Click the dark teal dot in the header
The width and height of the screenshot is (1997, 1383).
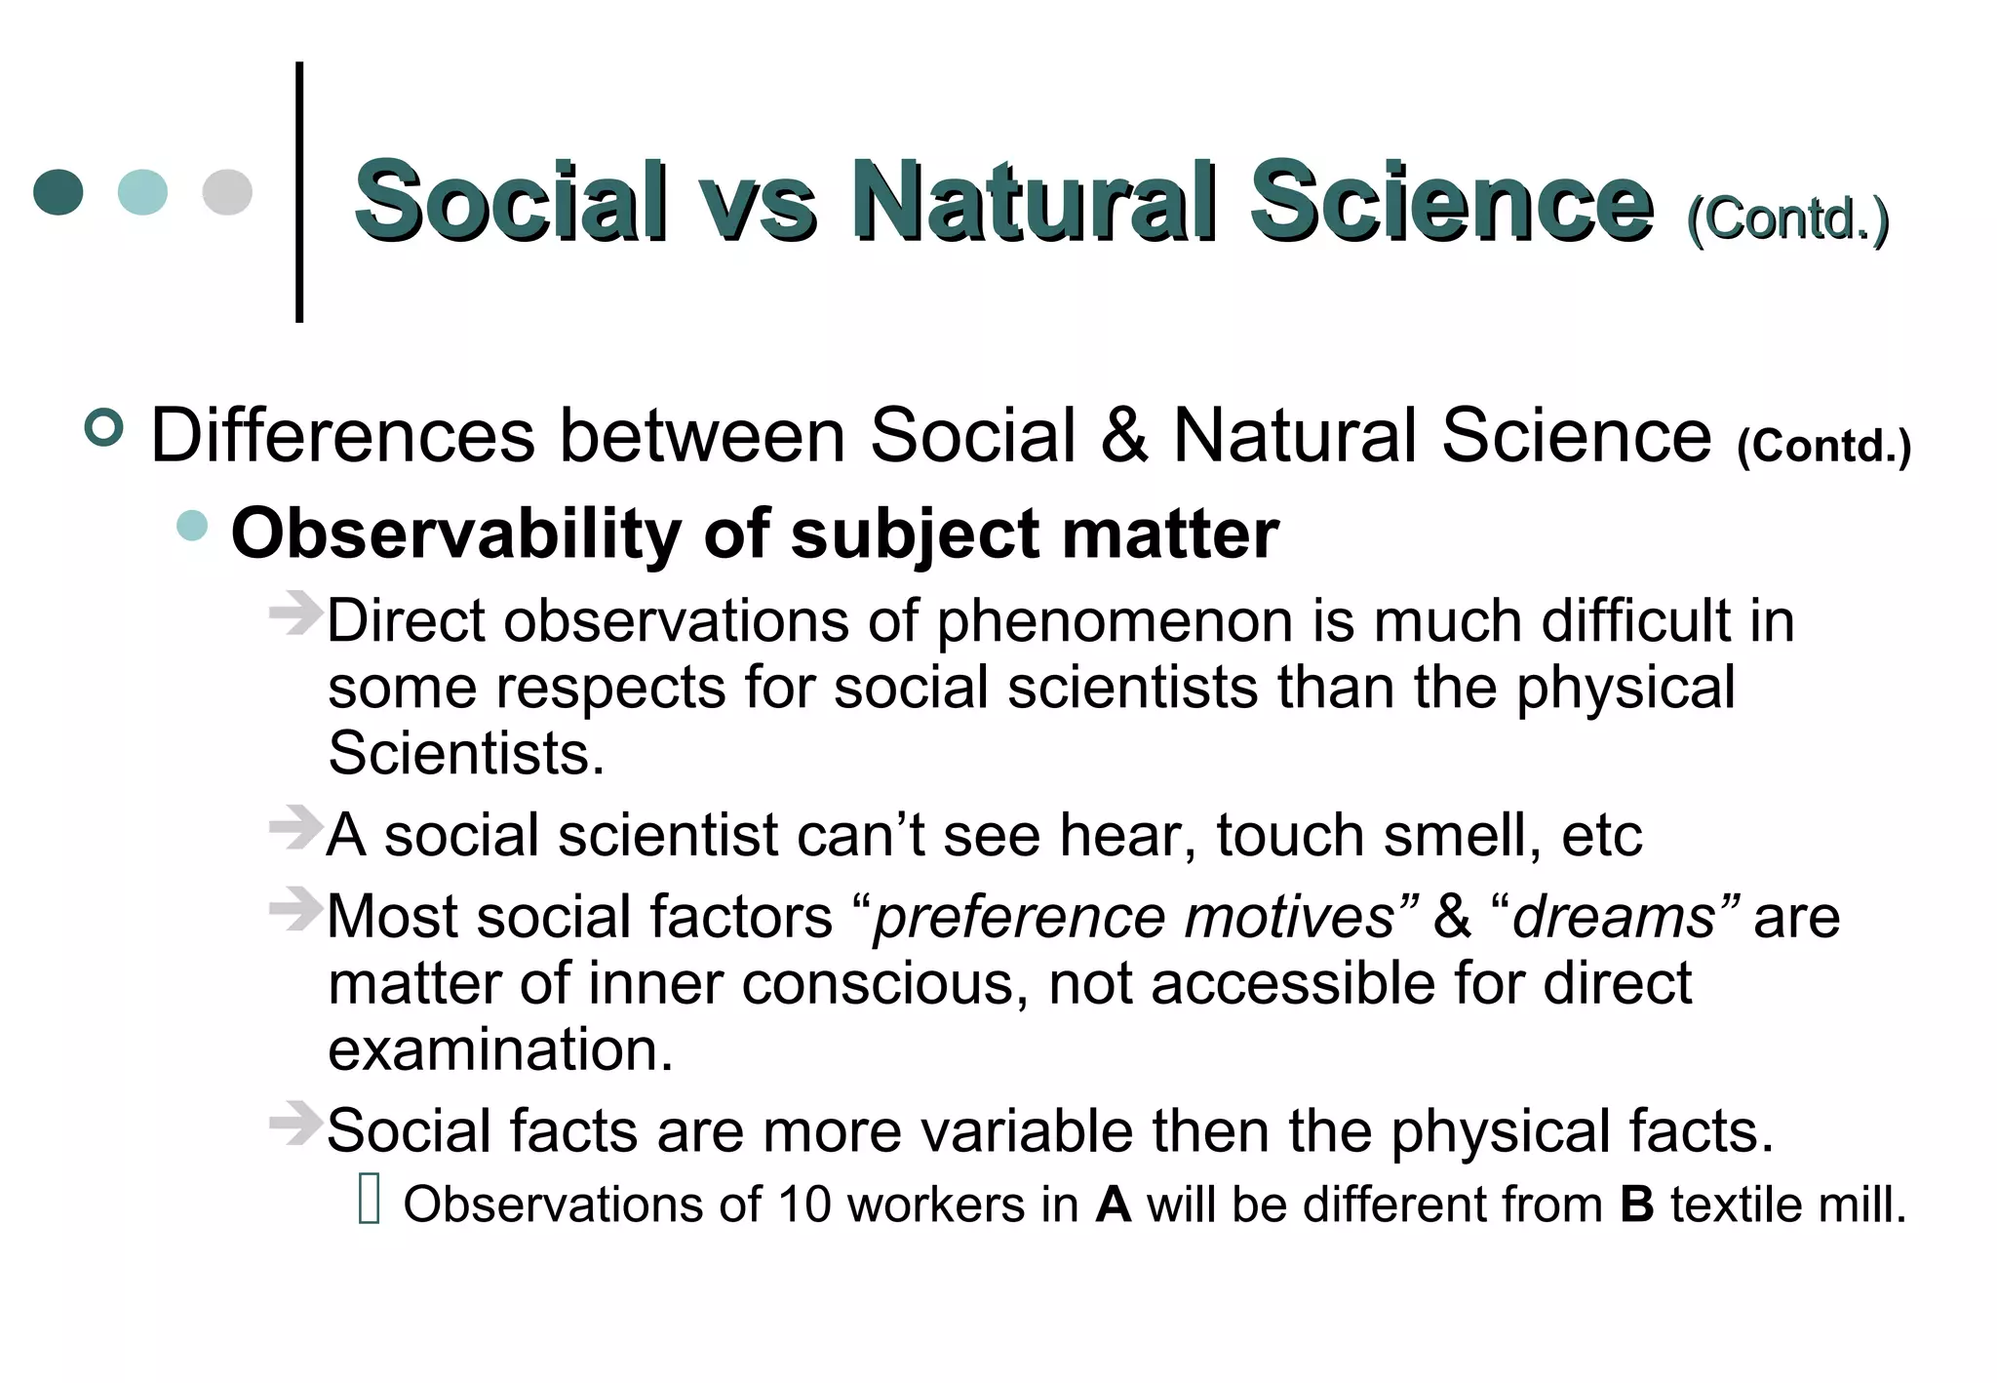click(58, 192)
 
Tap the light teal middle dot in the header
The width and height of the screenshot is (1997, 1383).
click(142, 192)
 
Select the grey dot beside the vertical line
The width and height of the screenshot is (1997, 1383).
click(227, 192)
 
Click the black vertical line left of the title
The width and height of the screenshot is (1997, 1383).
click(299, 192)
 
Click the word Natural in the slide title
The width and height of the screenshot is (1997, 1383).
click(1034, 202)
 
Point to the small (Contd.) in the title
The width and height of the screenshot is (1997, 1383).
click(1787, 218)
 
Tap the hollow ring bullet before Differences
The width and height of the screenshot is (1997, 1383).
click(104, 428)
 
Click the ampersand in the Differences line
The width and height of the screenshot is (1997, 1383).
click(1124, 436)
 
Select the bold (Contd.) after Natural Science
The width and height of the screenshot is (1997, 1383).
click(1823, 446)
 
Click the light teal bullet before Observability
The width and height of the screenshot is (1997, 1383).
click(193, 526)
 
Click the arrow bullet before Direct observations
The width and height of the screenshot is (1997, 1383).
click(294, 614)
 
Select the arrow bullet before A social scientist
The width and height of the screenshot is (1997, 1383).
click(294, 829)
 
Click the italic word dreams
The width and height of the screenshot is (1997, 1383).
click(1614, 918)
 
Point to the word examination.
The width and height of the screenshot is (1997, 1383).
click(500, 1049)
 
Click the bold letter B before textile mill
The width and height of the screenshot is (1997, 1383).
click(1637, 1205)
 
